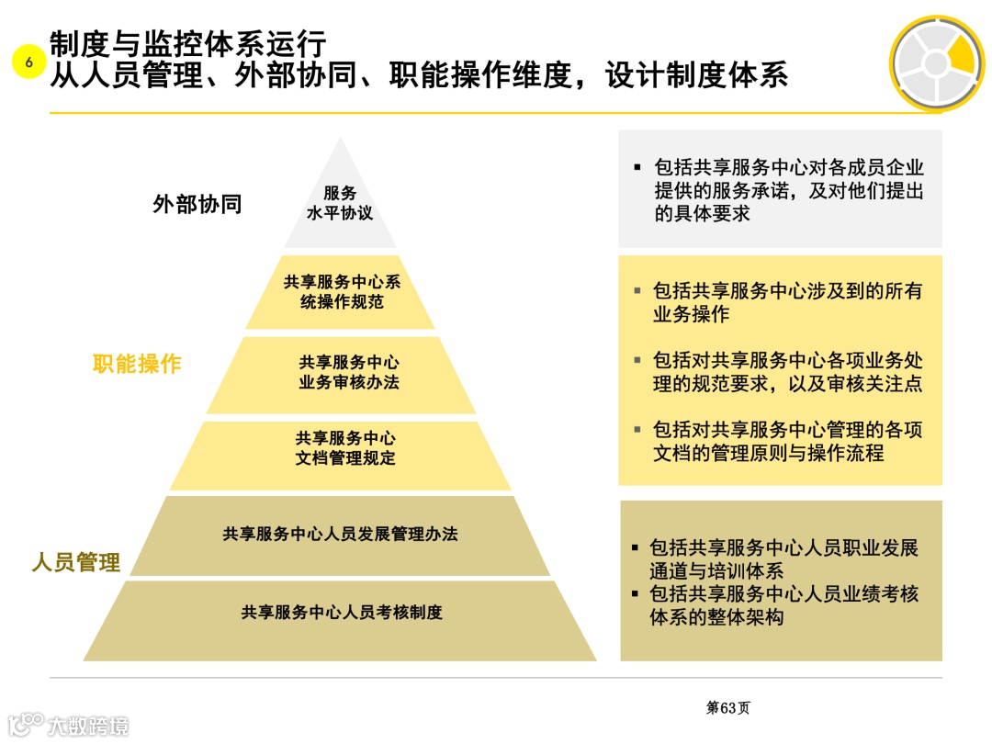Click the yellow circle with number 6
(x=28, y=62)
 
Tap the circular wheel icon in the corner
(x=935, y=63)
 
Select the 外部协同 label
(x=197, y=204)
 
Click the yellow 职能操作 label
(x=137, y=364)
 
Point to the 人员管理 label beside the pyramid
(x=75, y=562)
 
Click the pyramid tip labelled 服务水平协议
(x=340, y=203)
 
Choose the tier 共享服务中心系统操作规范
(x=341, y=292)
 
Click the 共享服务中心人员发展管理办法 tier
(x=340, y=534)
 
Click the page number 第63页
(x=727, y=708)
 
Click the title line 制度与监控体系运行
(x=188, y=43)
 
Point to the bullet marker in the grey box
(x=637, y=168)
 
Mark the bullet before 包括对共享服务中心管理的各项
(x=637, y=429)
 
